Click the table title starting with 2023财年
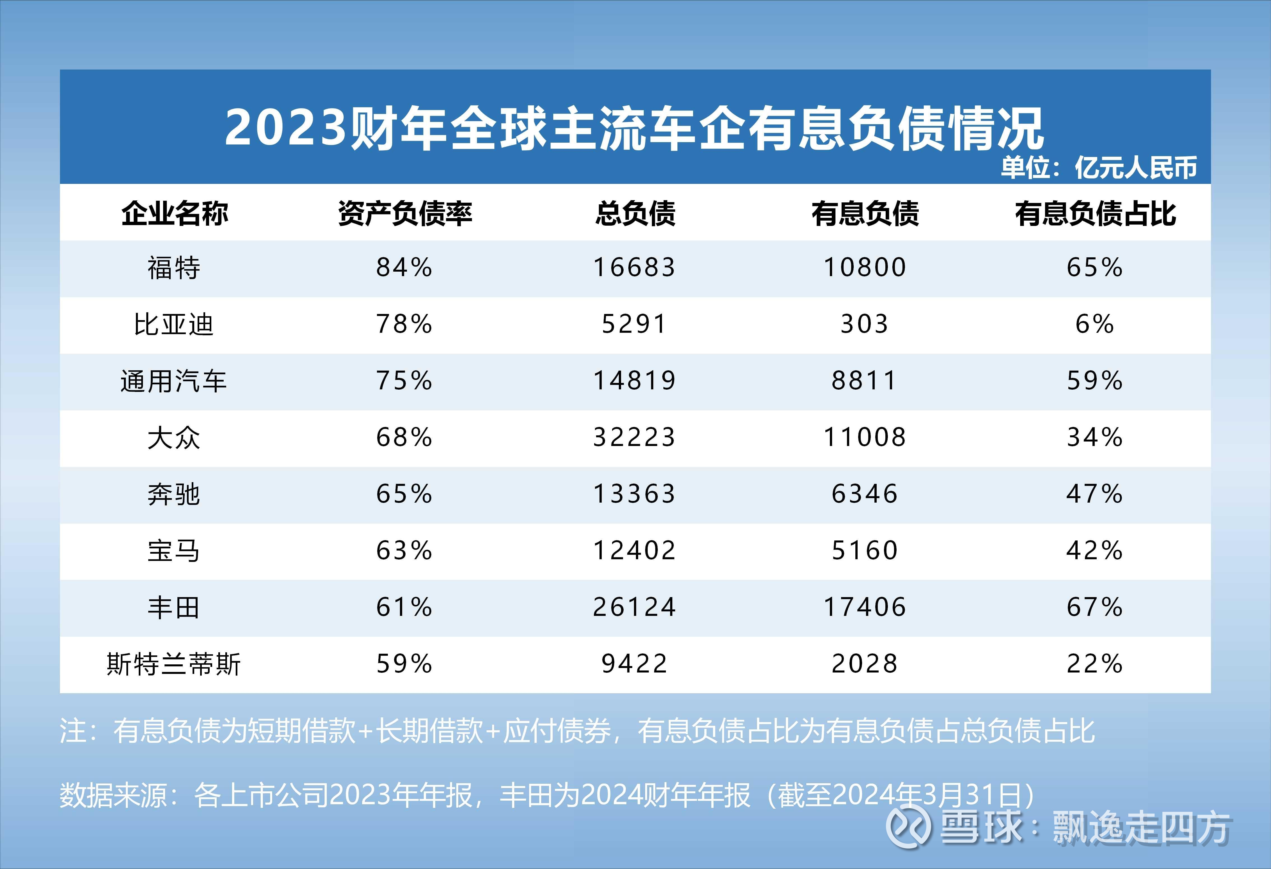[635, 128]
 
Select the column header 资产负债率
[405, 213]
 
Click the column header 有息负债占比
[1095, 213]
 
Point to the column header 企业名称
[174, 213]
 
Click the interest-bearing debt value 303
[864, 324]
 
